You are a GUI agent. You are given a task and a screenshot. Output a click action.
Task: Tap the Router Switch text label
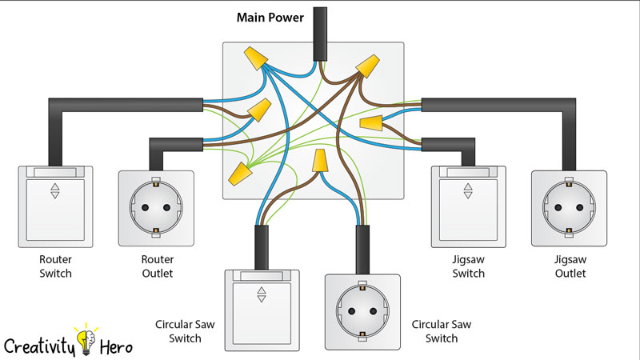tap(55, 266)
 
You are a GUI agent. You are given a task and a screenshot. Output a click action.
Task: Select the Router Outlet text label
tap(156, 266)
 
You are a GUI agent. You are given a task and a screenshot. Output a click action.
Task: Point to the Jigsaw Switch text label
tap(468, 266)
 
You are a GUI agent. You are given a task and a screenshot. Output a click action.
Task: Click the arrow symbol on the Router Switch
tap(54, 193)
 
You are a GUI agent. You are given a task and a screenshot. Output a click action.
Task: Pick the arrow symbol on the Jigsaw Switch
tap(468, 193)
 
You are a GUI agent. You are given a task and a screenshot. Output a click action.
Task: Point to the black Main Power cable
tap(321, 32)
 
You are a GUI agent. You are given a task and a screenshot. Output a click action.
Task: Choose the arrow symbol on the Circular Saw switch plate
tap(261, 296)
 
